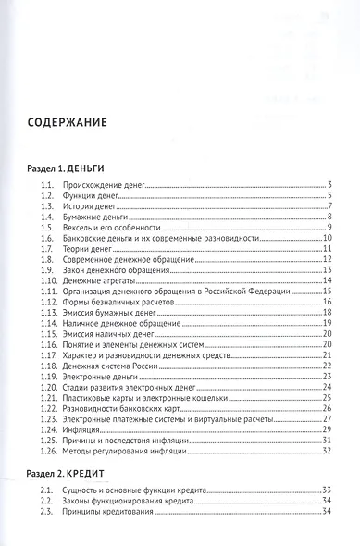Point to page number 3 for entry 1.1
point(329,187)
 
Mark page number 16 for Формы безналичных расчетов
point(327,301)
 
